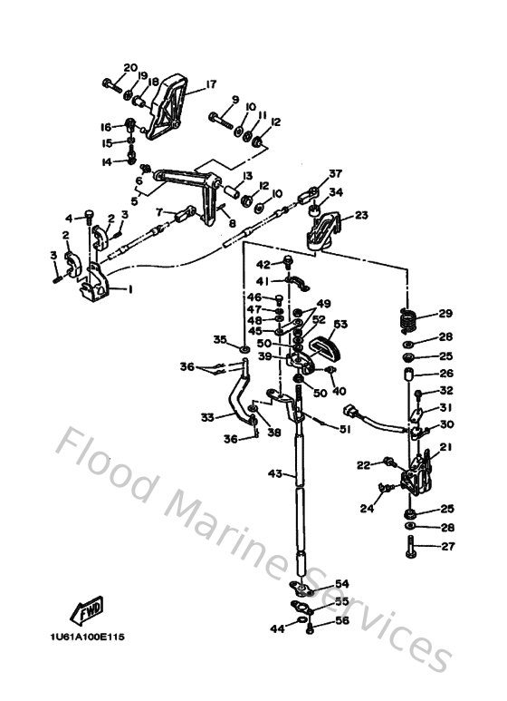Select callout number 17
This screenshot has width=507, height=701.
(x=211, y=84)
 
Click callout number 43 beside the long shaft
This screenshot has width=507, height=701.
(x=275, y=473)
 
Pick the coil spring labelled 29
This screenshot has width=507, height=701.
(x=409, y=319)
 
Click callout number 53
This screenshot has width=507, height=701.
(x=341, y=324)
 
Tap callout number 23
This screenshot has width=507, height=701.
(x=361, y=216)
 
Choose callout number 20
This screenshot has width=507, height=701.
(x=129, y=68)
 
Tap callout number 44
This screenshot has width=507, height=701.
(x=275, y=628)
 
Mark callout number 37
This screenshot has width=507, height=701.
(x=336, y=174)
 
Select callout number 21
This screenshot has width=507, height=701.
(x=445, y=446)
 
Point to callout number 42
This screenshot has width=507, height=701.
(x=263, y=265)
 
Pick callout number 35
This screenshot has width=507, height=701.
(x=219, y=339)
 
